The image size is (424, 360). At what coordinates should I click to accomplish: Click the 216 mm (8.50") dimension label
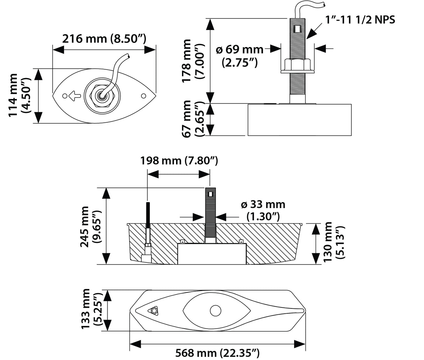[104, 38]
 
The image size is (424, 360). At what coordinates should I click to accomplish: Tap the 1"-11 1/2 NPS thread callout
[360, 20]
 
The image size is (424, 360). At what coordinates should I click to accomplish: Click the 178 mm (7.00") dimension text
[192, 61]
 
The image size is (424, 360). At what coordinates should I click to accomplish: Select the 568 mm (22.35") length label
[217, 353]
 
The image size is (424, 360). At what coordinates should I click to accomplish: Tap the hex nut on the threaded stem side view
[298, 66]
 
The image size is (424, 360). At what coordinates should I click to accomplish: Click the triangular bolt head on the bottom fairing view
[154, 310]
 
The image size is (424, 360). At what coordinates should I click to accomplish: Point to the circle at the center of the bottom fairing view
[215, 310]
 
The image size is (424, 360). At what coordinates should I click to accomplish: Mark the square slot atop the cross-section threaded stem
[210, 194]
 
